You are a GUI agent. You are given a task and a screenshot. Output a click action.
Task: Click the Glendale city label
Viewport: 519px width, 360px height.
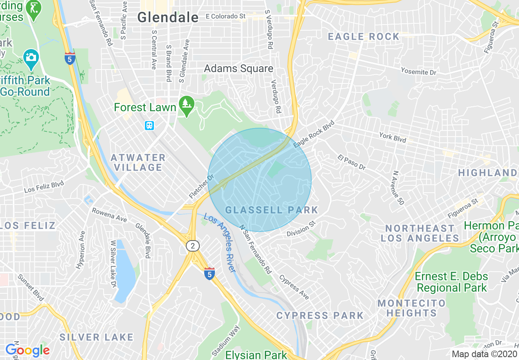168,17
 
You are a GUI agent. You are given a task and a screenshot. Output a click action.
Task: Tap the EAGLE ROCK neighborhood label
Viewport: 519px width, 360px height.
363,37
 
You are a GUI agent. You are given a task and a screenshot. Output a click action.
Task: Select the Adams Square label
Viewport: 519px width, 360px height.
239,68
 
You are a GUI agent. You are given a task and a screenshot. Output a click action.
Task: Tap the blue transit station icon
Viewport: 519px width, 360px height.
150,125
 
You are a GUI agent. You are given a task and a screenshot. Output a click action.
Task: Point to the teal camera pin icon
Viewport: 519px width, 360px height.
31,58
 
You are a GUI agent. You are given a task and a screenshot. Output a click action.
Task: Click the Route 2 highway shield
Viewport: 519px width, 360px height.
193,245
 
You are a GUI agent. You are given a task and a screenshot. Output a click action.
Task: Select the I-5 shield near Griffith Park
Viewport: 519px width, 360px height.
70,58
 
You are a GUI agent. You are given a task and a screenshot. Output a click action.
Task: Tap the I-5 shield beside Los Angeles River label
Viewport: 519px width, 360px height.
210,273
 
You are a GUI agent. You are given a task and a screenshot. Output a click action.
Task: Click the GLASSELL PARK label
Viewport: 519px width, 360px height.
271,210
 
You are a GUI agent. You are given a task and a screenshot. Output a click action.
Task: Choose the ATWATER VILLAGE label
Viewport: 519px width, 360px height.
138,162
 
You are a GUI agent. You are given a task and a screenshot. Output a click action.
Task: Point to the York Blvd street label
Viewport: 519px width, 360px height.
393,137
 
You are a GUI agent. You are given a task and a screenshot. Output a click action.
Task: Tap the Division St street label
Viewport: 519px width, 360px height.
302,229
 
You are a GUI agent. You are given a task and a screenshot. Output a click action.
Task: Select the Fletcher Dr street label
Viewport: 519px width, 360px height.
202,187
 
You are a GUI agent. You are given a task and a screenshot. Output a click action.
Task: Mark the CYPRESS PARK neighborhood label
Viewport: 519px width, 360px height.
320,315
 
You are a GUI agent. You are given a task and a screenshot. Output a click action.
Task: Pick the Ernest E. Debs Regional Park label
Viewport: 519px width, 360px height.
451,282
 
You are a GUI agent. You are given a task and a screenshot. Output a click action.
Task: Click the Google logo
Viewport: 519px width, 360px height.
27,350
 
